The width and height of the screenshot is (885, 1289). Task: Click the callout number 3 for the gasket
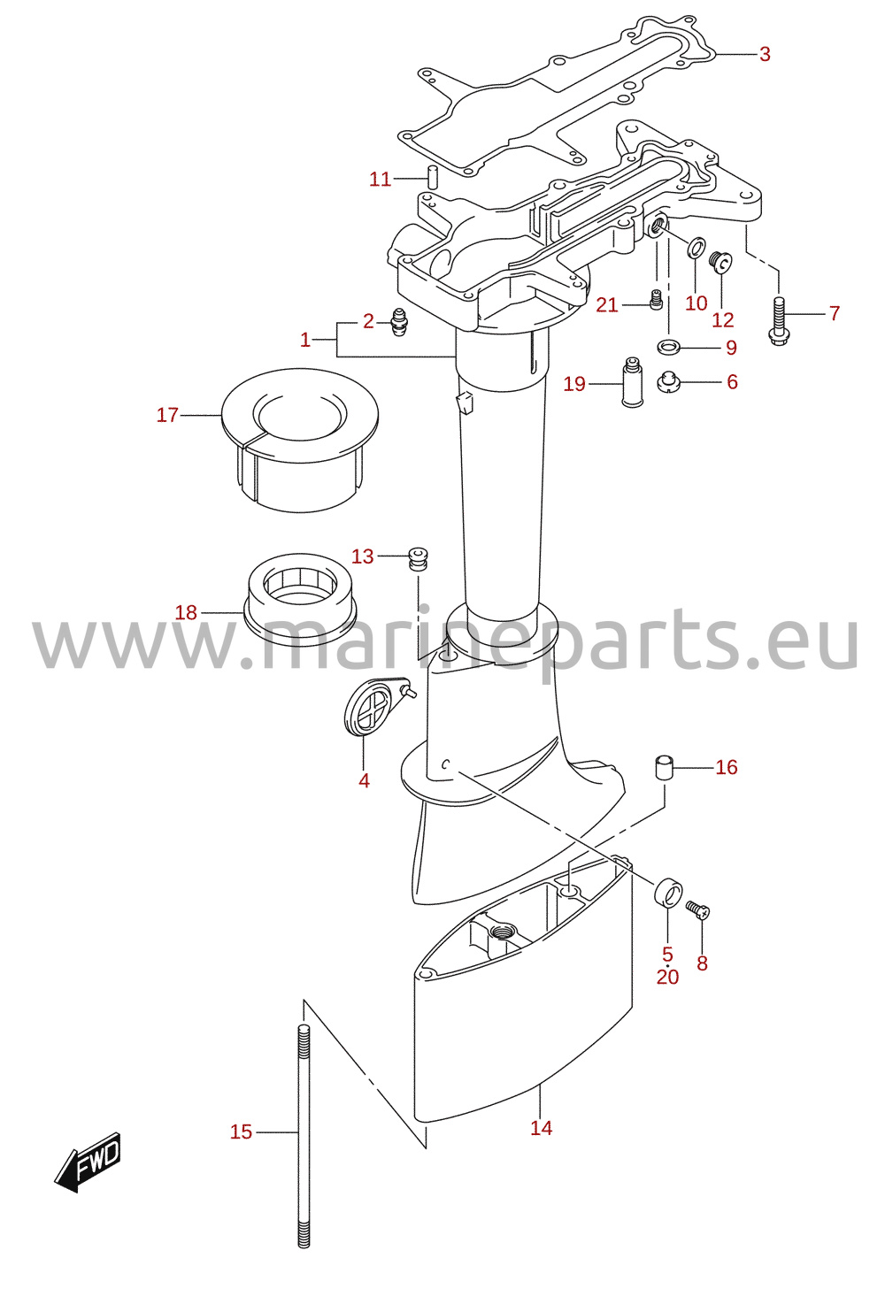[764, 54]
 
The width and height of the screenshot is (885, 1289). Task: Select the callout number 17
[167, 415]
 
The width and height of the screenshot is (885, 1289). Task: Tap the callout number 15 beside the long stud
[242, 1132]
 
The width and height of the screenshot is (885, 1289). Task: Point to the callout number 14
[542, 1128]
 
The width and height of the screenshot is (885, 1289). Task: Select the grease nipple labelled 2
[398, 323]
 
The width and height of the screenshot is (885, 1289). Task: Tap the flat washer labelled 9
[668, 347]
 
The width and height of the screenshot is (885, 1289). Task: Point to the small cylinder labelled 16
[665, 769]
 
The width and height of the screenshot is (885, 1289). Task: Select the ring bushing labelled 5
[668, 893]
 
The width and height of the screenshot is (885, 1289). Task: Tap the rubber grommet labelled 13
[418, 558]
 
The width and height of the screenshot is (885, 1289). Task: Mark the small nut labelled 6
[668, 382]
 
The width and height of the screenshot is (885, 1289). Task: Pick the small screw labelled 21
[656, 300]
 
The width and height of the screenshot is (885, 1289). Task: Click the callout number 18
[186, 612]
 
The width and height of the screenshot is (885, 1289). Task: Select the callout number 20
[668, 977]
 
